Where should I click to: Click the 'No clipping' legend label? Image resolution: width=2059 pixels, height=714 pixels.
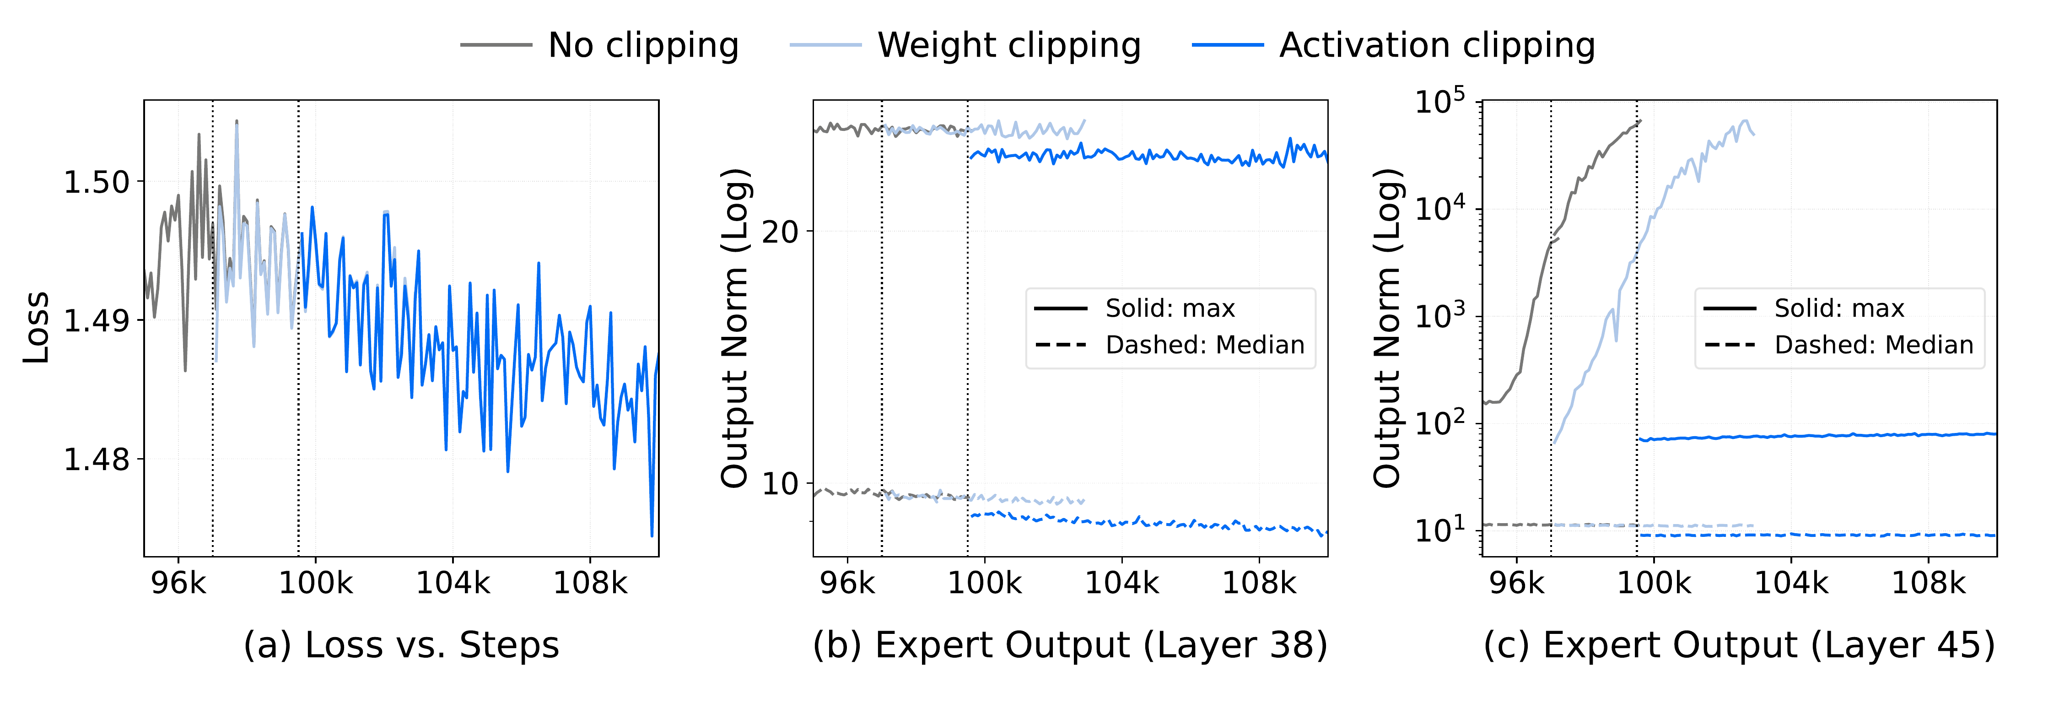point(643,46)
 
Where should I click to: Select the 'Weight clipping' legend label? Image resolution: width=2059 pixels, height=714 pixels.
point(1009,46)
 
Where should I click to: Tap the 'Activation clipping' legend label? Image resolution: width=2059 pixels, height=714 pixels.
point(1436,46)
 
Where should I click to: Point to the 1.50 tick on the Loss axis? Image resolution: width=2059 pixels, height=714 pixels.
point(97,182)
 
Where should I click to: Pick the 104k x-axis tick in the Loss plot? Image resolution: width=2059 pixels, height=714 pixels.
point(453,584)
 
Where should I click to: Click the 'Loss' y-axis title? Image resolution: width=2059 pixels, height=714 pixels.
point(36,328)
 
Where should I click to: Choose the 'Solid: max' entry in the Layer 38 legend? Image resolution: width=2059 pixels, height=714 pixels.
point(1170,308)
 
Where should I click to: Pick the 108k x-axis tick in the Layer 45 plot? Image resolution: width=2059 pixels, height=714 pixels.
point(1928,584)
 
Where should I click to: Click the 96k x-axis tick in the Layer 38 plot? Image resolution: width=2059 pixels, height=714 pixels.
point(847,584)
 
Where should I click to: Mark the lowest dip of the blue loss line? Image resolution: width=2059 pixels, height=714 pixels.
point(652,535)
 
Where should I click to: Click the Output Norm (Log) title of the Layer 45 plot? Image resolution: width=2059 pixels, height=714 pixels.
point(1388,328)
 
